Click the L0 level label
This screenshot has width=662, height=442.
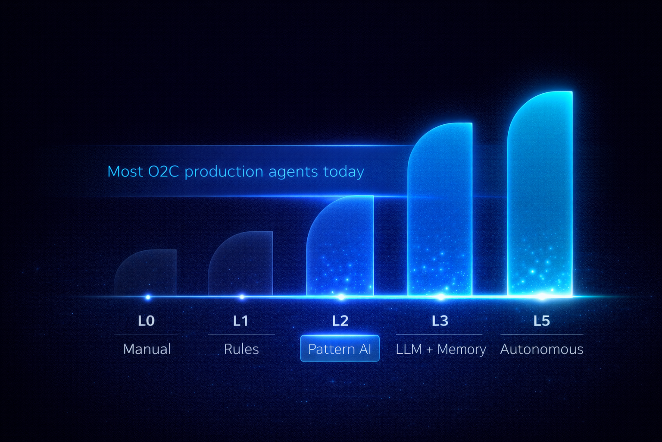146,321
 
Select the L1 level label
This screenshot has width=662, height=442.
240,321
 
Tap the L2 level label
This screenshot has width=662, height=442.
340,321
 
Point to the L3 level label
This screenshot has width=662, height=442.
440,321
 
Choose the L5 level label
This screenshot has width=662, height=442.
541,321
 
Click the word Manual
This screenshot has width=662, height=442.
147,349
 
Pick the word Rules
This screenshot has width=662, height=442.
241,349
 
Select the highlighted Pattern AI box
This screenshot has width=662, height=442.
340,348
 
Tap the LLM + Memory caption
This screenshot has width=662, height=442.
440,349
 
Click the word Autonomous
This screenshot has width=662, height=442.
542,349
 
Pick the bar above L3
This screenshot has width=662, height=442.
440,212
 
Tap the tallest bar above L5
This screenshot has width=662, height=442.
541,194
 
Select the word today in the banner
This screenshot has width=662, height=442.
343,171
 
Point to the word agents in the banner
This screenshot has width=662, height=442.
293,172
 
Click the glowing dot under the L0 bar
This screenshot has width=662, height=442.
148,297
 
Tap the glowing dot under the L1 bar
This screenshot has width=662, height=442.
242,297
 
